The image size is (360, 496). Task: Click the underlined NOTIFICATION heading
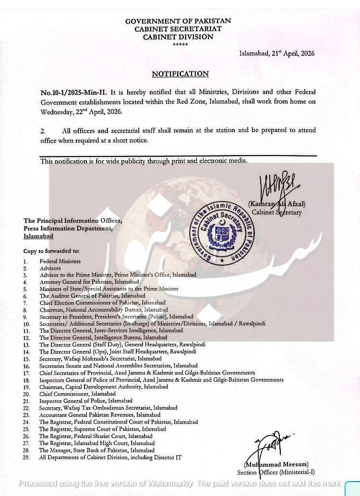180,74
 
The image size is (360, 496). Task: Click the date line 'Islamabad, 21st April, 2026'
277,53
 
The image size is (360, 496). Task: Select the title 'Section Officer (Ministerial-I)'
276,472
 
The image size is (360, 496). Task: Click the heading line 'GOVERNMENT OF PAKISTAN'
178,21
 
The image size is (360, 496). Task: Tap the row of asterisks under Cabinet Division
180,45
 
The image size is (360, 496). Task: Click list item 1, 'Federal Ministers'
60,261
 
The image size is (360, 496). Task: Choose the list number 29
26,458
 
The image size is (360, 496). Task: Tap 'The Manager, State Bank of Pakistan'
96,450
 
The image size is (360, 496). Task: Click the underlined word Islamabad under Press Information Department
38,236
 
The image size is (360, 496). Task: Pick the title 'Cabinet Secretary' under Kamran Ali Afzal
276,212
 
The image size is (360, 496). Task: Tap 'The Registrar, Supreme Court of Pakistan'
102,429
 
